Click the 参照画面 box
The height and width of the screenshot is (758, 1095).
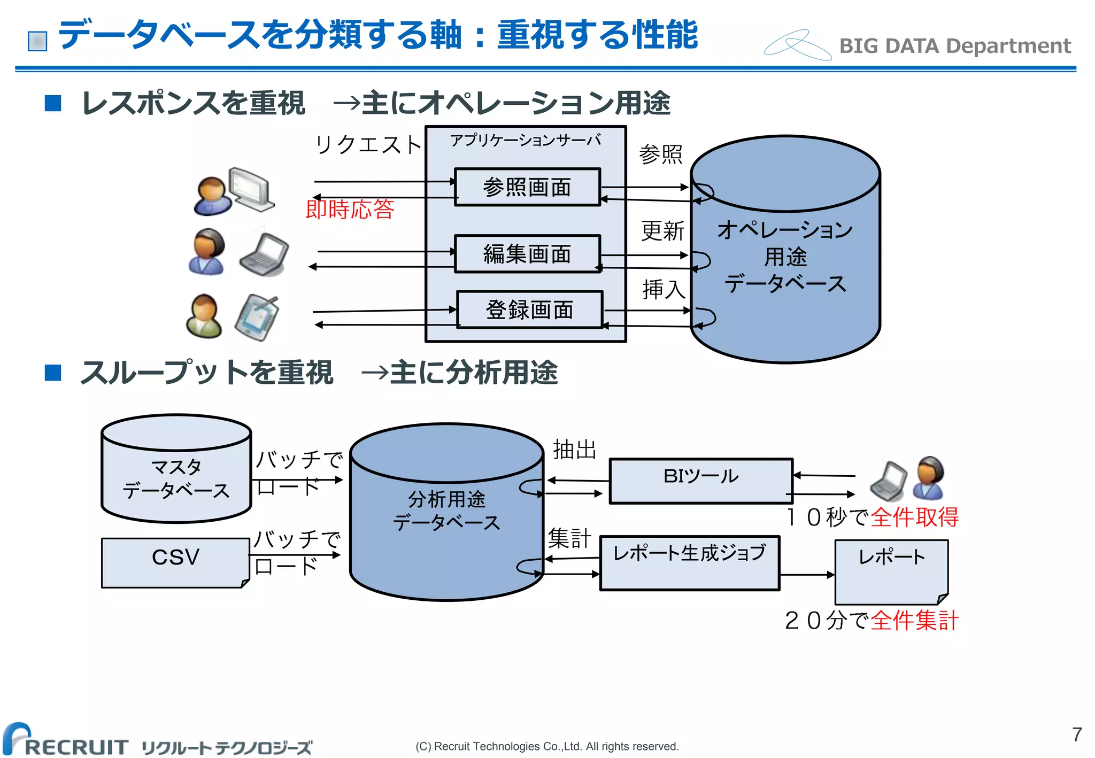click(x=527, y=187)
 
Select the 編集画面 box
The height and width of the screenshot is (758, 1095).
click(x=527, y=254)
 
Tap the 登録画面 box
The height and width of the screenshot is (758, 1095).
click(x=529, y=310)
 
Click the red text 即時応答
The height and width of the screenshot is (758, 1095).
click(x=350, y=209)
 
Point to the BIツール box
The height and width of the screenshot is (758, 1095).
click(x=701, y=481)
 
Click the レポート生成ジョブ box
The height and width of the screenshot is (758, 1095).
click(x=689, y=562)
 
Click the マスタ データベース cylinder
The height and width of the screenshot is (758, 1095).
click(x=176, y=478)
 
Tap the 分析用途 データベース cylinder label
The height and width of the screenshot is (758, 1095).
click(x=446, y=511)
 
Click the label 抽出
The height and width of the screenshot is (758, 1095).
click(x=574, y=450)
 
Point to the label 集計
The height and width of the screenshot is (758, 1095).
click(x=569, y=538)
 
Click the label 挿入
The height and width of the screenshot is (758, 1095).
click(x=664, y=289)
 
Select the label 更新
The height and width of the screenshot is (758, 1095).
click(x=662, y=231)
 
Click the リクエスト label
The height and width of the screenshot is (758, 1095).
click(x=368, y=145)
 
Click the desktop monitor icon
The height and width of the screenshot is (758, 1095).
click(x=250, y=189)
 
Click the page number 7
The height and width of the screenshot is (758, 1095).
click(x=1077, y=734)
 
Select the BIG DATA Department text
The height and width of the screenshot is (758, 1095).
click(x=954, y=46)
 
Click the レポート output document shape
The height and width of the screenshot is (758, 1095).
click(x=891, y=571)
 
